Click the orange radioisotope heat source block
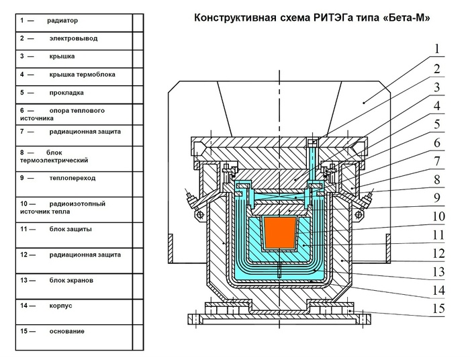[280, 233]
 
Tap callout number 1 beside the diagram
[437, 49]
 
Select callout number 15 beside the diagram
[438, 308]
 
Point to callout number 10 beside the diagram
[438, 216]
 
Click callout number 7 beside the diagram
[437, 161]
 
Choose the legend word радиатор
[62, 21]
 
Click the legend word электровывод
[73, 38]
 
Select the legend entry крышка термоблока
[83, 75]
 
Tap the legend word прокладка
[66, 93]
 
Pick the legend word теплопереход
[73, 178]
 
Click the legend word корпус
[61, 306]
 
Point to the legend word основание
[67, 331]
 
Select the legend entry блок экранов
[71, 280]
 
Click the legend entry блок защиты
[70, 229]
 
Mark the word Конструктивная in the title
[235, 18]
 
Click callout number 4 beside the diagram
[437, 106]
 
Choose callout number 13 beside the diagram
[438, 271]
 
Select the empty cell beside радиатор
[138, 23]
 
